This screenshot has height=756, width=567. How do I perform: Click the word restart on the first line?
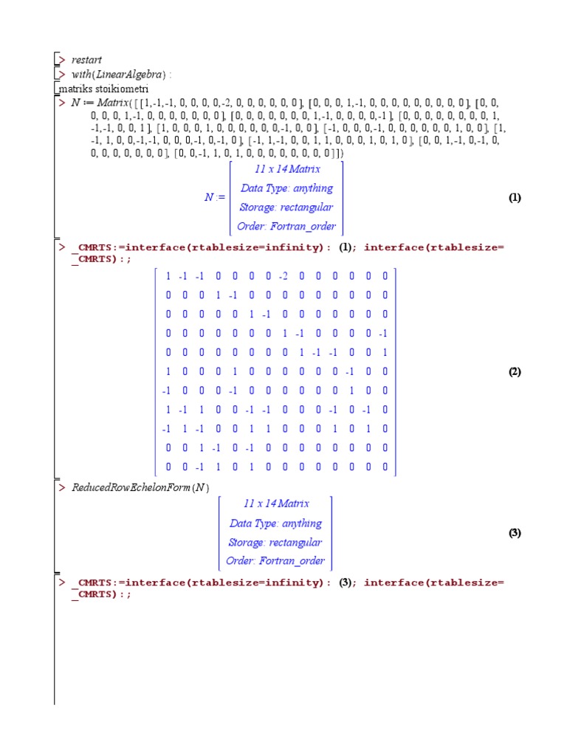[x=86, y=60]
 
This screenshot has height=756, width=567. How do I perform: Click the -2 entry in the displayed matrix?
[x=283, y=276]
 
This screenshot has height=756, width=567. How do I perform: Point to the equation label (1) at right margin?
[x=515, y=198]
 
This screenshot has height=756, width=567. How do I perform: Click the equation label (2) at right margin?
[x=515, y=372]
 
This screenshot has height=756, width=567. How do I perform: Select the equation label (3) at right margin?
[x=515, y=533]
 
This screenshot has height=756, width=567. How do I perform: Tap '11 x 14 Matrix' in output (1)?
[x=286, y=169]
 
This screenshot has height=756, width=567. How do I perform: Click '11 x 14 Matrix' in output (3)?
[x=276, y=504]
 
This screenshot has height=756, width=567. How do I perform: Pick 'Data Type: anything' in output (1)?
[x=286, y=188]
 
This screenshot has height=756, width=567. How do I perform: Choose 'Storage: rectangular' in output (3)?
[x=276, y=543]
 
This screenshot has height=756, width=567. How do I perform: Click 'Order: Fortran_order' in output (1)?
[x=286, y=227]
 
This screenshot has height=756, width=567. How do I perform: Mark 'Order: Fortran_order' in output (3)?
[x=276, y=561]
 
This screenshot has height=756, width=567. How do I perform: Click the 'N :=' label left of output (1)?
[x=214, y=198]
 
